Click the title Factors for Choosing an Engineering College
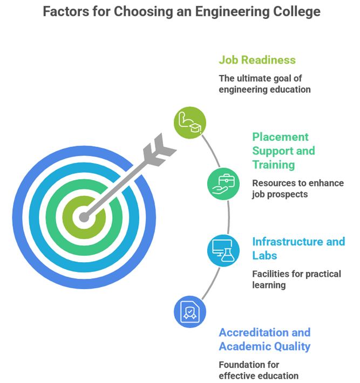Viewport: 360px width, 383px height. coord(181,11)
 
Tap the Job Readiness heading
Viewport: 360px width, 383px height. coord(257,60)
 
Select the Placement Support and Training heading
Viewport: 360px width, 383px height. coord(283,151)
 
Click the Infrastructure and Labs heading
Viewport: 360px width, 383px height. coord(298,249)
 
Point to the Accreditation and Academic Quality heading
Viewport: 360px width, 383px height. coord(264,339)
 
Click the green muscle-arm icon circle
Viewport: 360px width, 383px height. coord(190,122)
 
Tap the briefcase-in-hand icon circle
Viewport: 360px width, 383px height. coord(223,184)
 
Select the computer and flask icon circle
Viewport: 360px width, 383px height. coord(223,251)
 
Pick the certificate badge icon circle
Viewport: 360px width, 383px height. coord(190,312)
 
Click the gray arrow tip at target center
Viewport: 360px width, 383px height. coord(84,217)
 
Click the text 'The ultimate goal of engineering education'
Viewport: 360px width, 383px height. coord(264,84)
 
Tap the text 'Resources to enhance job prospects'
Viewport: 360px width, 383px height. coord(298,189)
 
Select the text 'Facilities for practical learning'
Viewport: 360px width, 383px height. coord(296,279)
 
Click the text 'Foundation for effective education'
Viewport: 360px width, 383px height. coord(259,370)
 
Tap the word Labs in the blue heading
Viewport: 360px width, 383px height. coord(264,256)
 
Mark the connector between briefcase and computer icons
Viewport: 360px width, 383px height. coord(229,217)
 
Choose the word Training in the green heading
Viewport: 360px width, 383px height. coord(274,165)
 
